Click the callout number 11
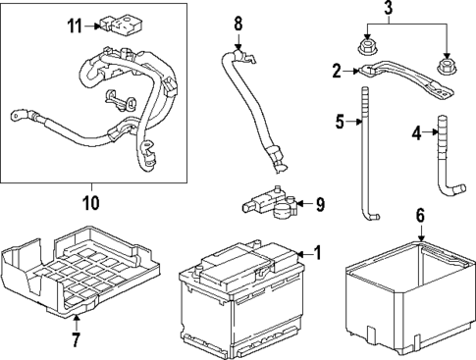click(75, 26)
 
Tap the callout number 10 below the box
click(91, 203)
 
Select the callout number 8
click(238, 24)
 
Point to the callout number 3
click(388, 8)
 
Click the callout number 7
click(76, 340)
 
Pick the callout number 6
click(420, 216)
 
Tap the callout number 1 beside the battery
click(317, 253)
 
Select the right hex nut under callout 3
click(447, 67)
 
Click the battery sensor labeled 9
click(270, 203)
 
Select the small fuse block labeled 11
click(121, 26)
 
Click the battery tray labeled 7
click(80, 272)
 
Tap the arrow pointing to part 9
click(304, 204)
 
